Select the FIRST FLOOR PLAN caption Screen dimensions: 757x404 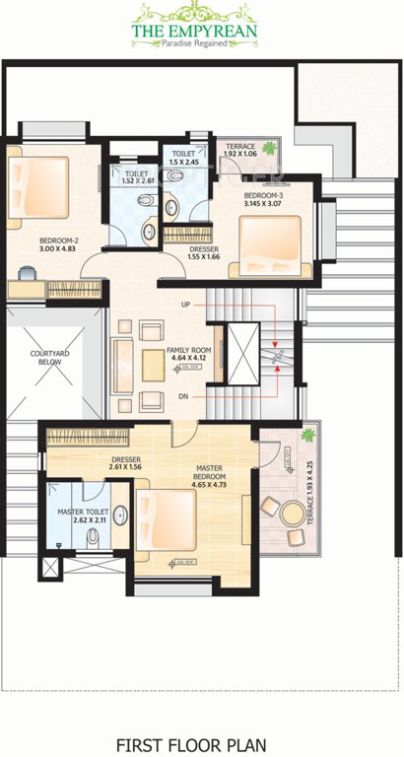tap(202, 718)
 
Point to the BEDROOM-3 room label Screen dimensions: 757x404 tap(263, 195)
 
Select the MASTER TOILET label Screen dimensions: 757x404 tap(83, 512)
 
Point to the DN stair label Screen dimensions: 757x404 tap(184, 392)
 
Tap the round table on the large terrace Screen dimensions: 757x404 tap(291, 512)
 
